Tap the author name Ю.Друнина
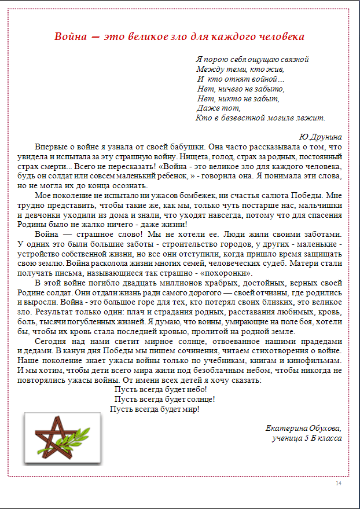[320, 137]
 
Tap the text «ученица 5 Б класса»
[306, 438]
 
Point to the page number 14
[339, 484]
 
